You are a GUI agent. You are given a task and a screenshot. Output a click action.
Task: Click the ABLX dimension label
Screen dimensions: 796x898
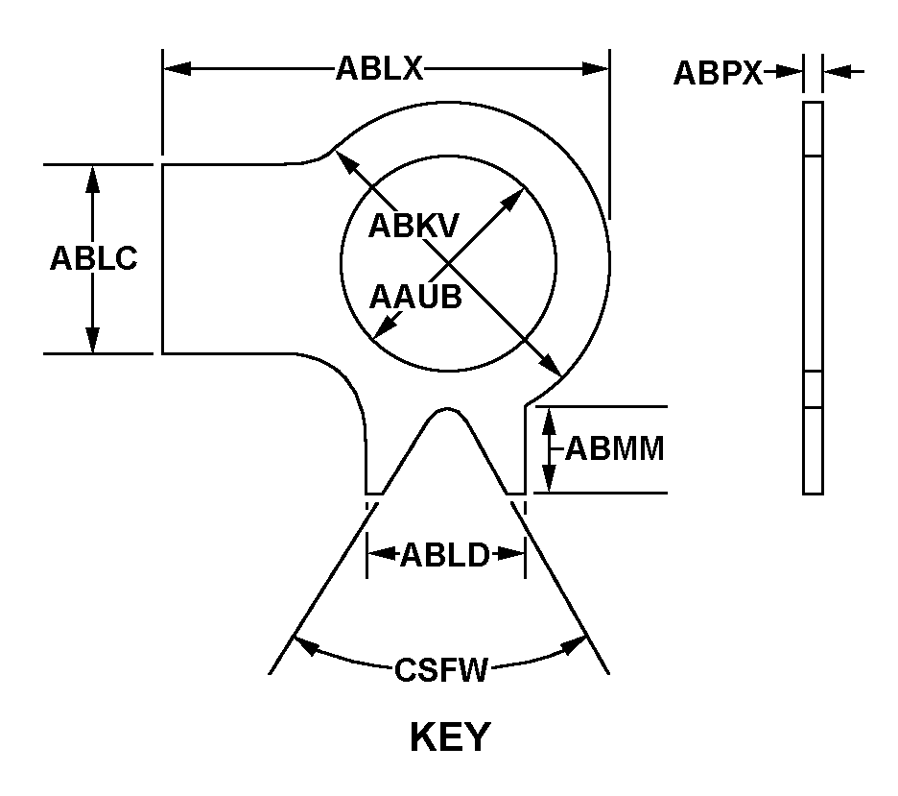pyautogui.click(x=379, y=69)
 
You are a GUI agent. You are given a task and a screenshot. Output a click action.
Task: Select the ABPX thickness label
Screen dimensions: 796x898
pyautogui.click(x=718, y=73)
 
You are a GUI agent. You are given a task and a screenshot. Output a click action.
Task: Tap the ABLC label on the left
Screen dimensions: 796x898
pyautogui.click(x=93, y=259)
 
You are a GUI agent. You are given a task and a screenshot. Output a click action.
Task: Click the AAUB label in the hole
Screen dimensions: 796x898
pyautogui.click(x=415, y=297)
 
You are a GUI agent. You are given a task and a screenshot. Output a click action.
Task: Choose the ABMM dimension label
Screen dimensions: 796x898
pyautogui.click(x=615, y=448)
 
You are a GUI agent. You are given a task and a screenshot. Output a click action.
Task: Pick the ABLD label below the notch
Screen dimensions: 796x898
pyautogui.click(x=445, y=555)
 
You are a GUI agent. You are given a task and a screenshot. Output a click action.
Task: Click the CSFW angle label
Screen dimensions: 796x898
pyautogui.click(x=441, y=669)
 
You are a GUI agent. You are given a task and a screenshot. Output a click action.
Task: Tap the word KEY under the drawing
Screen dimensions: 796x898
pyautogui.click(x=449, y=738)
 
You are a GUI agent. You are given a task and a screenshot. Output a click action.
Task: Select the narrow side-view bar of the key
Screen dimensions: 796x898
pyautogui.click(x=813, y=298)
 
